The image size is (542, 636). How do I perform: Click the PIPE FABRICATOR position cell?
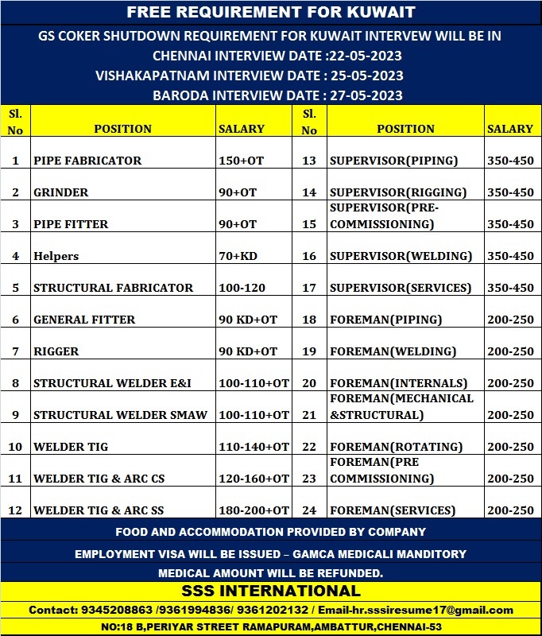pyautogui.click(x=87, y=161)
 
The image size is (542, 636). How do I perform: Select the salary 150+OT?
pyautogui.click(x=241, y=161)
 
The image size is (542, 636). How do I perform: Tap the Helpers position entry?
pyautogui.click(x=56, y=256)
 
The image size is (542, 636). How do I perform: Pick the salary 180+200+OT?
pyautogui.click(x=254, y=510)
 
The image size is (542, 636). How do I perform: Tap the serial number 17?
pyautogui.click(x=309, y=288)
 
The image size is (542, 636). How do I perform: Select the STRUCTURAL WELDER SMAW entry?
pyautogui.click(x=120, y=415)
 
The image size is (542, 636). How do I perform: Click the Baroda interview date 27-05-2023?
pyautogui.click(x=366, y=95)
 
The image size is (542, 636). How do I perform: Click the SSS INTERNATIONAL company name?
pyautogui.click(x=271, y=591)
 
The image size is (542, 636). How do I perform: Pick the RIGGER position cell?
pyautogui.click(x=56, y=351)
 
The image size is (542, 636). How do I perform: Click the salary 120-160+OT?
pyautogui.click(x=254, y=479)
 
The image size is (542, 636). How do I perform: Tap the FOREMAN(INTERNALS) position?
pyautogui.click(x=397, y=383)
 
